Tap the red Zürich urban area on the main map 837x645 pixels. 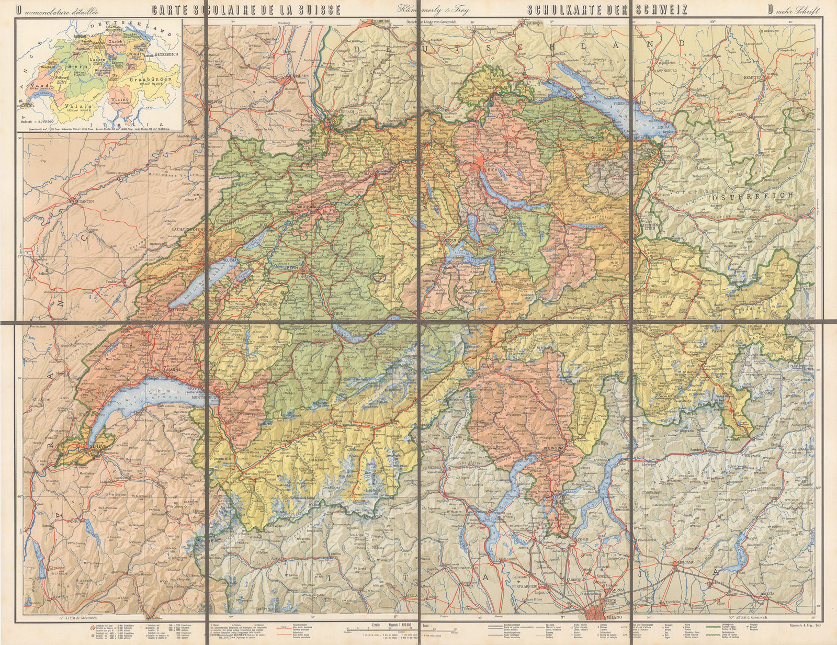(479, 170)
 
